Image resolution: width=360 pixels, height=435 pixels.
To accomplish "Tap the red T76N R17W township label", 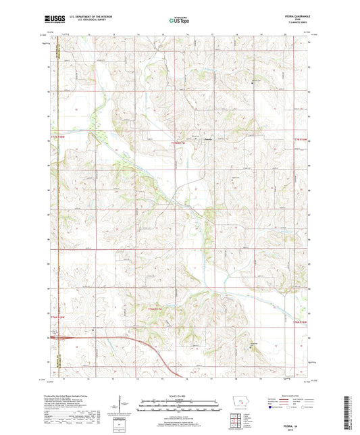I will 156,309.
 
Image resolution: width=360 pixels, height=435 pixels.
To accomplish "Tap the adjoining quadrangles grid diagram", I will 236,422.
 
